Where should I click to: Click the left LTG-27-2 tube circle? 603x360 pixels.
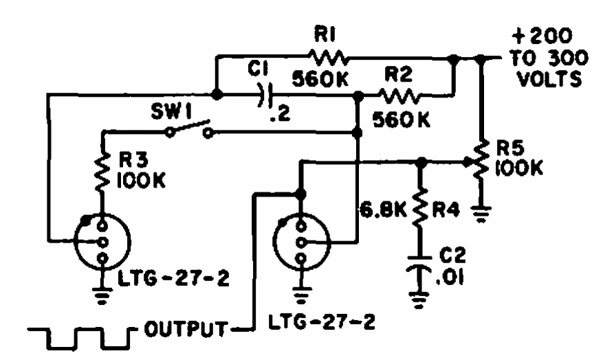click(x=102, y=241)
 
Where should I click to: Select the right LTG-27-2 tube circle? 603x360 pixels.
click(x=300, y=242)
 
